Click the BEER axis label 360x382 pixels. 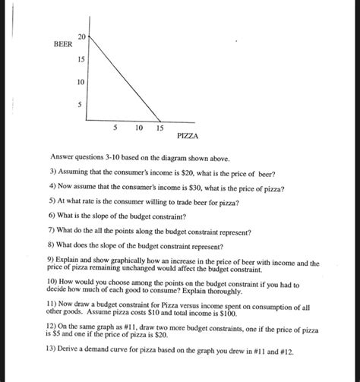tap(63, 45)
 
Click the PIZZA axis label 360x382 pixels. tap(188, 136)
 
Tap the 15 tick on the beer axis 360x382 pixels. tap(81, 59)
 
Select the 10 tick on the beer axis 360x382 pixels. tap(81, 81)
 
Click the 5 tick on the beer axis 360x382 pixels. tap(79, 104)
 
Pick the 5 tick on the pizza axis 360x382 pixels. tap(115, 128)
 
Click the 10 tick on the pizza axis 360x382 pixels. tap(137, 128)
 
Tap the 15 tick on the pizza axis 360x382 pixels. tap(159, 128)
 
